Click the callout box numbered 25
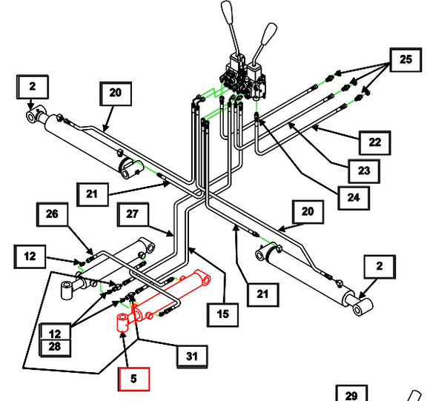(406, 60)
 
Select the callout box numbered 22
(374, 143)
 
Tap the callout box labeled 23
(364, 171)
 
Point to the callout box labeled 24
(354, 198)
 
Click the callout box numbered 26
(52, 214)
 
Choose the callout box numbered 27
(133, 214)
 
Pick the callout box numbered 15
(222, 315)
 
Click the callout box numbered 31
(192, 357)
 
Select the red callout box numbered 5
(134, 379)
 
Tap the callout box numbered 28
(55, 348)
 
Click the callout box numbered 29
(351, 394)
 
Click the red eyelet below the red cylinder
(122, 323)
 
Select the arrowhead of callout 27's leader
(171, 233)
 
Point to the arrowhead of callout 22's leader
(315, 127)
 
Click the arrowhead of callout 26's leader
(90, 251)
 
